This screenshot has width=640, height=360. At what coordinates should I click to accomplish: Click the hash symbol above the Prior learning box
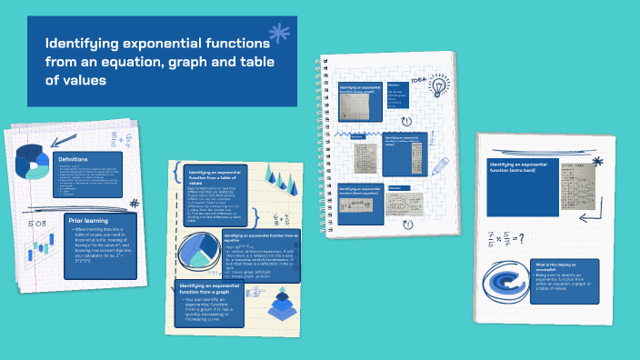coord(134,205)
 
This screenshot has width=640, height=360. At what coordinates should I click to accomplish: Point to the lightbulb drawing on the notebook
coord(439,87)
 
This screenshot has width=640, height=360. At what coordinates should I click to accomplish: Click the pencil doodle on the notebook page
coord(441,167)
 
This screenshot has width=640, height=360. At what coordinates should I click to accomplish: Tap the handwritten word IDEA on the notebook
coord(419,79)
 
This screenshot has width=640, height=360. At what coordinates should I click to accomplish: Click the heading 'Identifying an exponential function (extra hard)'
coord(520,167)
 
